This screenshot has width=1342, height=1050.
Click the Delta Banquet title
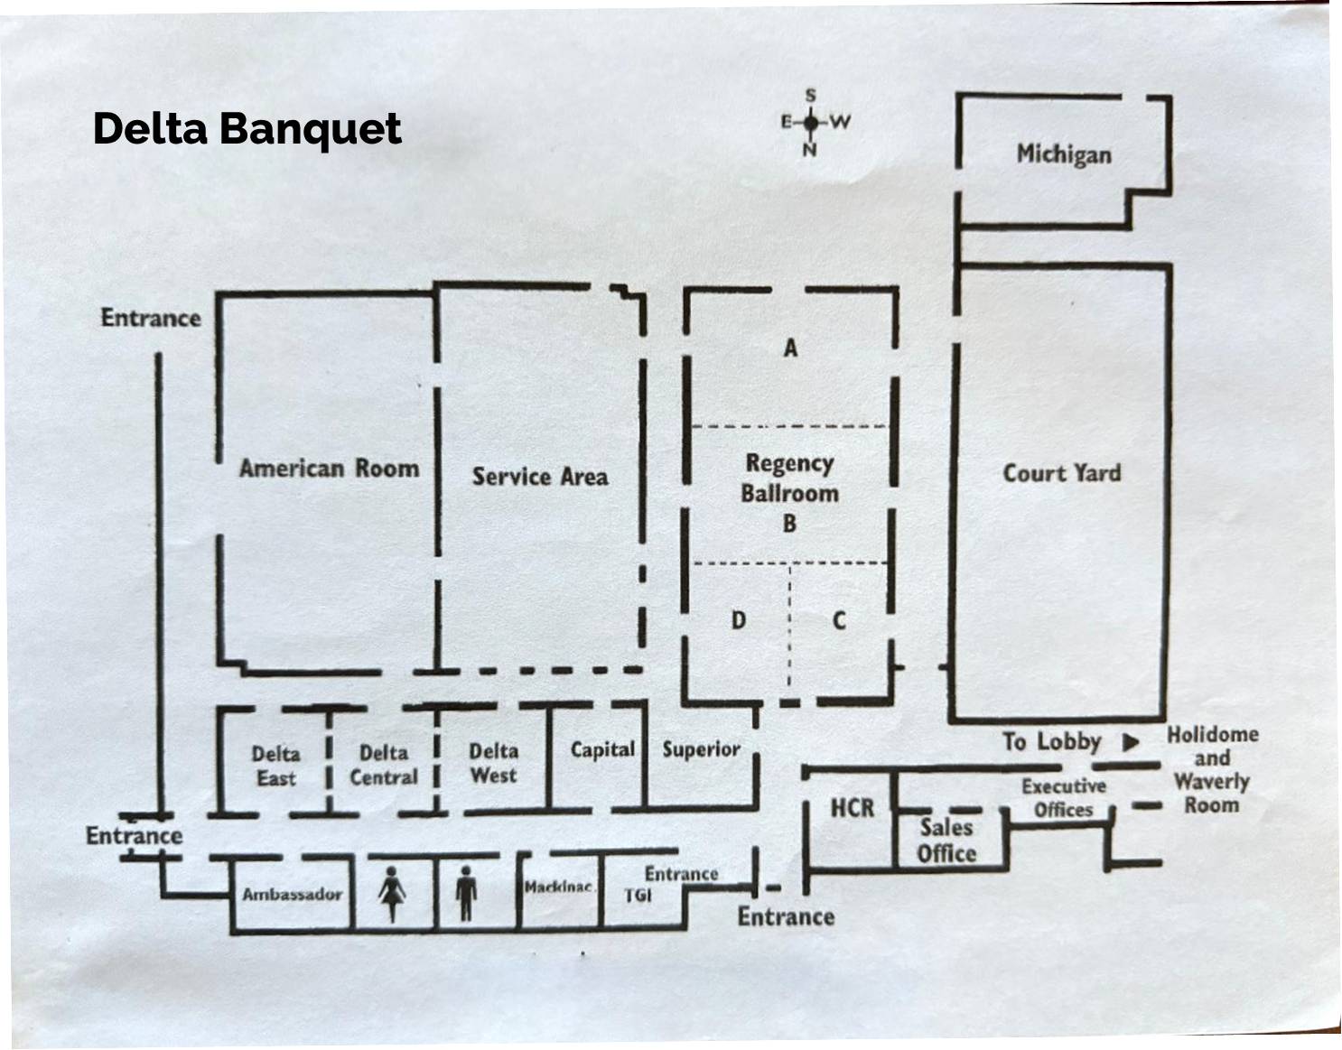click(x=247, y=128)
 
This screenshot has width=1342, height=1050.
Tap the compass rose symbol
click(x=811, y=122)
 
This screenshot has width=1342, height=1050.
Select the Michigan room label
click(x=1064, y=153)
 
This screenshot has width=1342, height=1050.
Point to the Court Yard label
click(x=1061, y=473)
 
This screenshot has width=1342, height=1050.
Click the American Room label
click(x=329, y=468)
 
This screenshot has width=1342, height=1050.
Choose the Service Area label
click(x=539, y=477)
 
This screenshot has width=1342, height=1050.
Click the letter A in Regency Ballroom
click(x=790, y=348)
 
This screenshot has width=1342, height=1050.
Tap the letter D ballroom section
click(x=739, y=620)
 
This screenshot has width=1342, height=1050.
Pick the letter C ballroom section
click(x=839, y=620)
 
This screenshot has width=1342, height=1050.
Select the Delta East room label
click(x=275, y=765)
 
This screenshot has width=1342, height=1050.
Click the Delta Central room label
click(x=384, y=765)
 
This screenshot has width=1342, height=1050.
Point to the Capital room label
click(x=602, y=750)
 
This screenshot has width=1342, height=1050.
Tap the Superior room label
click(x=701, y=749)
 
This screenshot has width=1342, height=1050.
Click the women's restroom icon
click(x=392, y=894)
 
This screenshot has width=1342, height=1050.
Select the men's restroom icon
click(x=466, y=894)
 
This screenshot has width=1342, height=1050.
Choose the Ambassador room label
click(x=292, y=895)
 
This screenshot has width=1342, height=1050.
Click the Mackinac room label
click(x=558, y=887)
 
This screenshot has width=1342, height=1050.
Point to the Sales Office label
click(x=946, y=840)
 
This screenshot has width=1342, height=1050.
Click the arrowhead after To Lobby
click(x=1130, y=742)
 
